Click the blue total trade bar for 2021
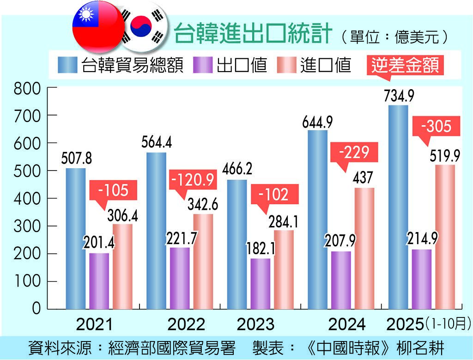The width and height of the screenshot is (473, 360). [x=75, y=238]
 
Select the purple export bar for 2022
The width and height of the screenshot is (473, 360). [x=180, y=278]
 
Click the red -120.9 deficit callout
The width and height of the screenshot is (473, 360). [x=193, y=180]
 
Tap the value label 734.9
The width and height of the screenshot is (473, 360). [x=398, y=97]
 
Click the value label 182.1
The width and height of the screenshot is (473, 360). [x=261, y=249]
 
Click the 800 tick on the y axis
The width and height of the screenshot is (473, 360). [x=27, y=88]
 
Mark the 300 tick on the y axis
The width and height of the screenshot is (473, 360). [x=27, y=226]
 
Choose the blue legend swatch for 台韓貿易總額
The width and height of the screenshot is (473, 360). [x=68, y=65]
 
